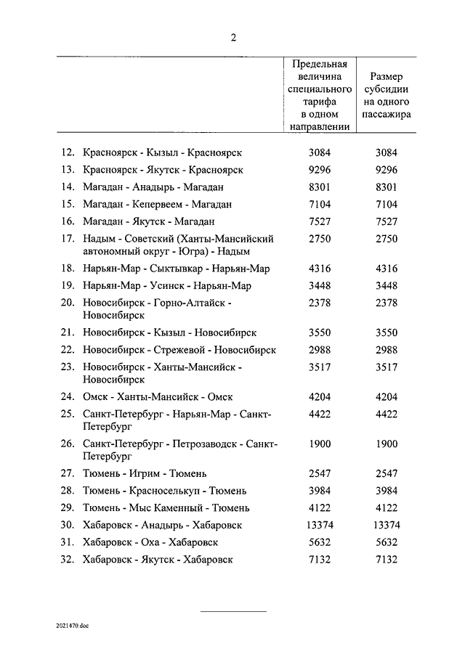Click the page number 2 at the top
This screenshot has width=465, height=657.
[232, 37]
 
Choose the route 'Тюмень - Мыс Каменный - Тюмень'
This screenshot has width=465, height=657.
[166, 508]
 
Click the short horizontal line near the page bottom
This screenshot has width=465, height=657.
[233, 611]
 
